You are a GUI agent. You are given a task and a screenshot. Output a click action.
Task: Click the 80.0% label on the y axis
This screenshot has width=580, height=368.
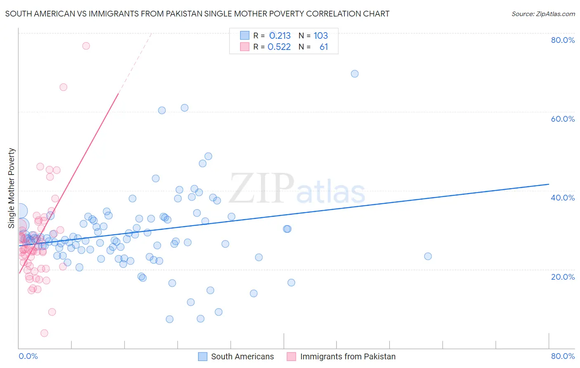[563, 40]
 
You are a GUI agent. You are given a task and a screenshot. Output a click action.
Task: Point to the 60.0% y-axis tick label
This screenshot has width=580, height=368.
[563, 119]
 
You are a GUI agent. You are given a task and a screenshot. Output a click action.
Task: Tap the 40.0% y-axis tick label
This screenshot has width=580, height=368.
[563, 198]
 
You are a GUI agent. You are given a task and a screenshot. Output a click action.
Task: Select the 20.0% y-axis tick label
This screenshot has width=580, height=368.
[563, 277]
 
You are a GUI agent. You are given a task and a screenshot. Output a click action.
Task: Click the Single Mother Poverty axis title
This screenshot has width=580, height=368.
[12, 188]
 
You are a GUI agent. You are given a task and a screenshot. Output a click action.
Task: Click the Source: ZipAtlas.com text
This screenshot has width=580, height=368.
[543, 14]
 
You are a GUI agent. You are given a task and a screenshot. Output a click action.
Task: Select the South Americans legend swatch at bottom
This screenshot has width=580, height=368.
[203, 356]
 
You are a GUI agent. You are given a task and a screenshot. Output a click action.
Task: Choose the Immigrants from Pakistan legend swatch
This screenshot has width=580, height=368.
[292, 356]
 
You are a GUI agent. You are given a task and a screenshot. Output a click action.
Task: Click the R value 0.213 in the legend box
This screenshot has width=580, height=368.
[280, 36]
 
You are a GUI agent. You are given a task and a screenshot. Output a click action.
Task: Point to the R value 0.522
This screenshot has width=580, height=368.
[279, 47]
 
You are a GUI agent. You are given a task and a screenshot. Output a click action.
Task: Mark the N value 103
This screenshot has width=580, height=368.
[321, 36]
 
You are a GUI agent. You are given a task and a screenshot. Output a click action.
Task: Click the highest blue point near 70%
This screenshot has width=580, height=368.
[355, 74]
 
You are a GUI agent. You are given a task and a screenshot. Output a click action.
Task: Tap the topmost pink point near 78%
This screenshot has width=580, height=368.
[86, 46]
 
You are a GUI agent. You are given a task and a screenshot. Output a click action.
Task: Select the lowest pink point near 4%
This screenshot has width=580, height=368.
[44, 333]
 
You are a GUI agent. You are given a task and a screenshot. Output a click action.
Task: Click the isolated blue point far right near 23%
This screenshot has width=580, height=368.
[428, 256]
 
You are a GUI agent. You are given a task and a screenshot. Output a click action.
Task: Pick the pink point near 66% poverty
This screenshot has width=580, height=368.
[63, 87]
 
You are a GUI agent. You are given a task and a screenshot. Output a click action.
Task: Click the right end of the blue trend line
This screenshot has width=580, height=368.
[549, 184]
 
